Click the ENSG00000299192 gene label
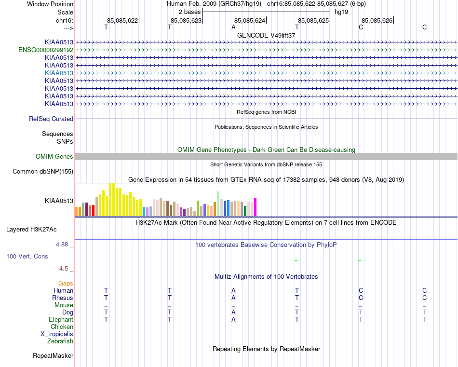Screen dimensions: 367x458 click(46, 50)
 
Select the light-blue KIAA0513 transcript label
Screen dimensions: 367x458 click(59, 73)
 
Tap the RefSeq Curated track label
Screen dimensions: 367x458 click(51, 119)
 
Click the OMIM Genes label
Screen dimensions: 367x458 click(54, 156)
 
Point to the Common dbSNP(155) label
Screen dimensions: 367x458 click(43, 171)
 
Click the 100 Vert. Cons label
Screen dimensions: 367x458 click(27, 256)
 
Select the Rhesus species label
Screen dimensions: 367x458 click(63, 298)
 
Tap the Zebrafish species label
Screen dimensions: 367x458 click(60, 341)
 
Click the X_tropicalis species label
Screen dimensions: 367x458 click(57, 334)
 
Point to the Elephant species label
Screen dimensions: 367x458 click(61, 320)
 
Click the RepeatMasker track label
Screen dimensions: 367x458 click(53, 356)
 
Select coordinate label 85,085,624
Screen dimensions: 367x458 click(250, 21)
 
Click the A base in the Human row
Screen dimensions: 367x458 click(233, 291)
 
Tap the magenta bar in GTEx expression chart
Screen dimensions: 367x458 click(255, 207)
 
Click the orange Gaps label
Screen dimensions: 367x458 click(66, 284)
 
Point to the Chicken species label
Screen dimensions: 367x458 click(62, 327)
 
